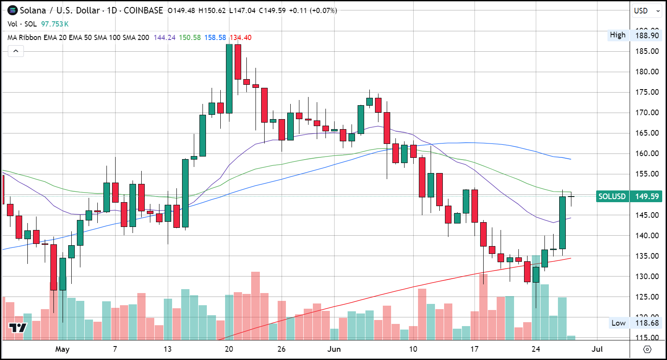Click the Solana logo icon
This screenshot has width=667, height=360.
(13, 10)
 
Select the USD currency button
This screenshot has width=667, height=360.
(641, 11)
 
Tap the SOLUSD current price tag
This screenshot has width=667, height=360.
(629, 197)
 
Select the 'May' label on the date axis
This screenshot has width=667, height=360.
(62, 349)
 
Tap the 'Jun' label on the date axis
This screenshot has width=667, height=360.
(334, 349)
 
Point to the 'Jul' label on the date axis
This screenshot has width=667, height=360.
(597, 349)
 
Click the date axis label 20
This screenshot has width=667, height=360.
(229, 349)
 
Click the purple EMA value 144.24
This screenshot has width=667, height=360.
(165, 38)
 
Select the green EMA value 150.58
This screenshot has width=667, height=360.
(190, 38)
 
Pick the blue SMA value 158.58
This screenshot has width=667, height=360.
(215, 38)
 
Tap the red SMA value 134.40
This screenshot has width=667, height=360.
(241, 38)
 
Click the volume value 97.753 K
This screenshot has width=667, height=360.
(55, 24)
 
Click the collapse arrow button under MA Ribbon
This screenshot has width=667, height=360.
(16, 51)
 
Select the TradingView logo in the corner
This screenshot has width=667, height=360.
(18, 328)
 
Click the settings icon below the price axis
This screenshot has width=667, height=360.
(647, 349)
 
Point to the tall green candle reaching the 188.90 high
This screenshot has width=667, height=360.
(229, 78)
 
